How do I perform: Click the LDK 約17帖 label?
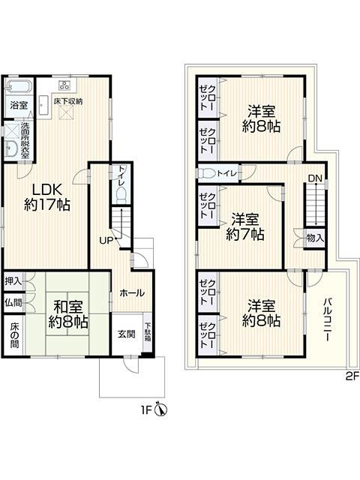pyautogui.click(x=47, y=197)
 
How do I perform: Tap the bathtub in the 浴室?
pyautogui.click(x=19, y=85)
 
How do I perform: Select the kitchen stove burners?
pyautogui.click(x=64, y=85)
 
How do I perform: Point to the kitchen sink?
pyautogui.click(x=44, y=105)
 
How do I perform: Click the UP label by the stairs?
pyautogui.click(x=106, y=241)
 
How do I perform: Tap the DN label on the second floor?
pyautogui.click(x=315, y=178)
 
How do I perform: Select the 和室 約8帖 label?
pyautogui.click(x=68, y=314)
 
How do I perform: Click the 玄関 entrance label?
pyautogui.click(x=127, y=334)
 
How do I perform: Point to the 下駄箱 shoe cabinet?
pyautogui.click(x=148, y=332)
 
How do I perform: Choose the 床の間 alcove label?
pyautogui.click(x=14, y=335)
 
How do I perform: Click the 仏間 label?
pyautogui.click(x=13, y=302)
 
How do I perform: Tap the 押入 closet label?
pyautogui.click(x=13, y=281)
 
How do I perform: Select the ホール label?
pyautogui.click(x=132, y=293)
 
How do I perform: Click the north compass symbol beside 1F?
pyautogui.click(x=162, y=409)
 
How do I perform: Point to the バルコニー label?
pyautogui.click(x=326, y=319)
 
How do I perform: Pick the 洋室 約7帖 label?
pyautogui.click(x=245, y=226)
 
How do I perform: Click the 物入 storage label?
pyautogui.click(x=315, y=238)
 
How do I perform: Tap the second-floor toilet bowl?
pyautogui.click(x=206, y=173)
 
